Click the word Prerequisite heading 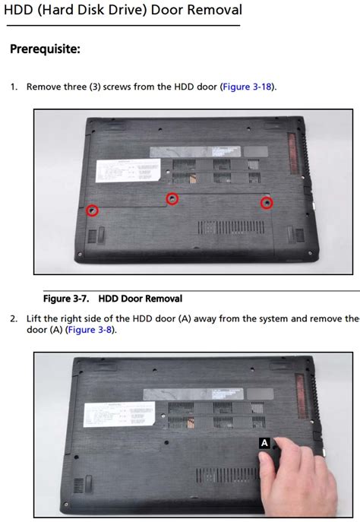45,49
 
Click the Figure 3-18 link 248,87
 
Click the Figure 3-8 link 91,330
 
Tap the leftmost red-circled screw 92,210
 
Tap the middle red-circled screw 173,198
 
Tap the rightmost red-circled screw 267,203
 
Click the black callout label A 264,442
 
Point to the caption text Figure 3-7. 67,299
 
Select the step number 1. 14,87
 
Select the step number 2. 14,318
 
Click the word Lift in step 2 35,318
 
